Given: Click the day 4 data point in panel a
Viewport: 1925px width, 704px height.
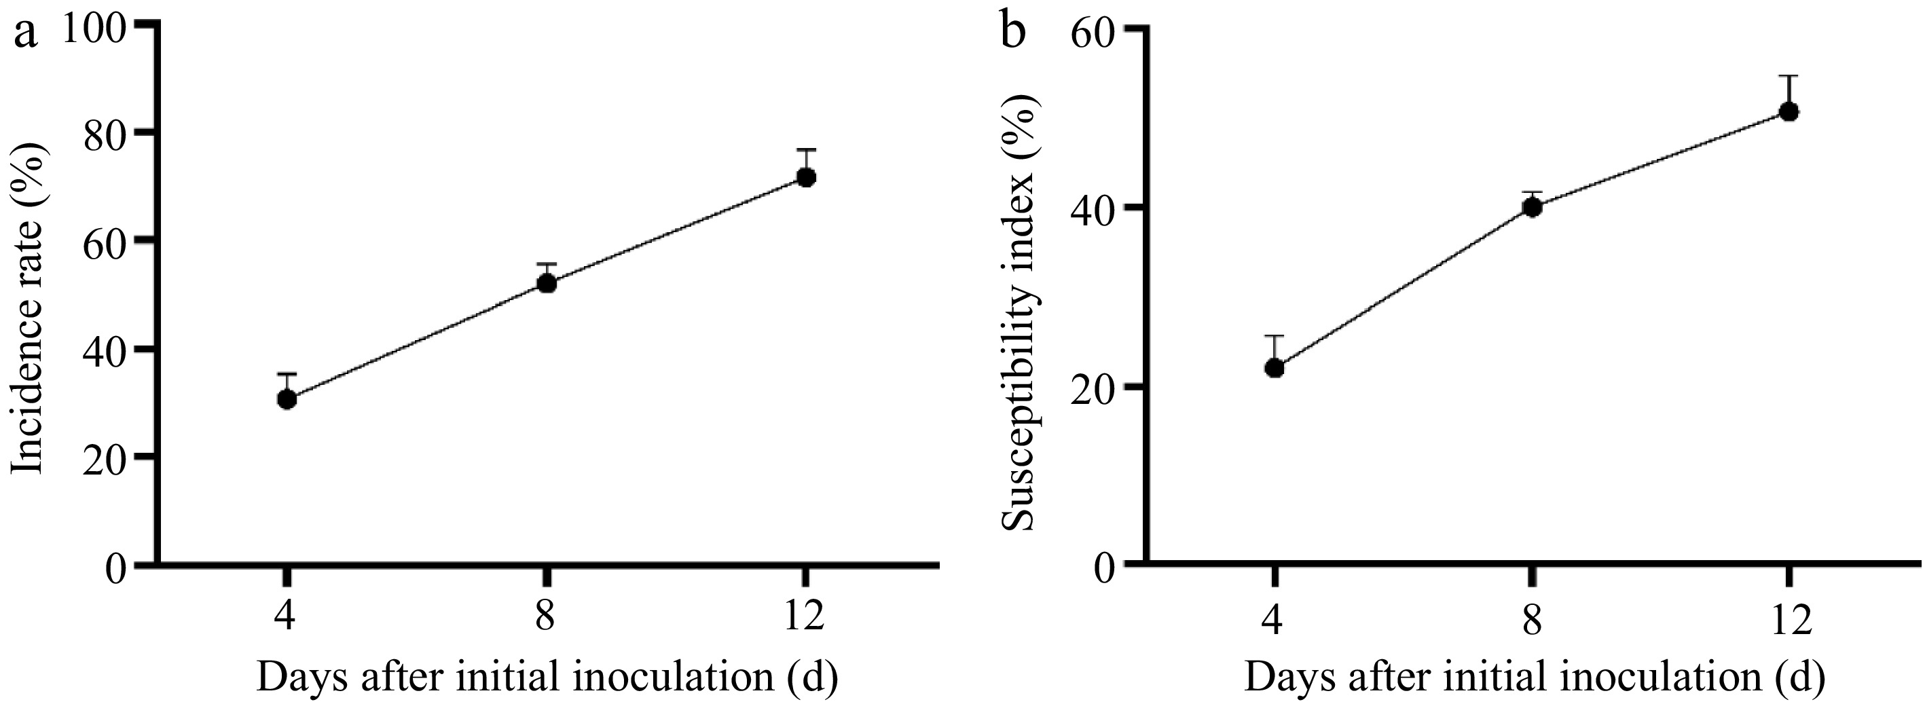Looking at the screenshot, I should pos(287,400).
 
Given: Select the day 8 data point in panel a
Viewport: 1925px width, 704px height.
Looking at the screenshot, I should pos(547,283).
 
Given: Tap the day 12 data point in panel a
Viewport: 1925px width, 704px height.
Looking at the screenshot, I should pos(806,177).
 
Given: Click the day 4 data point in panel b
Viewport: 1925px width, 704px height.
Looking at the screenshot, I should pos(1275,368).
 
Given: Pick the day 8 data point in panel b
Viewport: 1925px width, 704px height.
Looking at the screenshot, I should pos(1533,207).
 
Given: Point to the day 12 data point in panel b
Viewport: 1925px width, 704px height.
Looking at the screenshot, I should pos(1789,112).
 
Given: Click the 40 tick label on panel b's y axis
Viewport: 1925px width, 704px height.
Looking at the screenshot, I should pos(1093,212).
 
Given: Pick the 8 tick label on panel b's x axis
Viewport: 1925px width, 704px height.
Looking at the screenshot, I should pos(1532,620).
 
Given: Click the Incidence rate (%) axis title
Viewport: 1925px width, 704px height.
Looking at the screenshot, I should pos(30,310).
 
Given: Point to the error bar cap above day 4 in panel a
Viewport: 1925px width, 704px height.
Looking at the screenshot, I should pos(287,373).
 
